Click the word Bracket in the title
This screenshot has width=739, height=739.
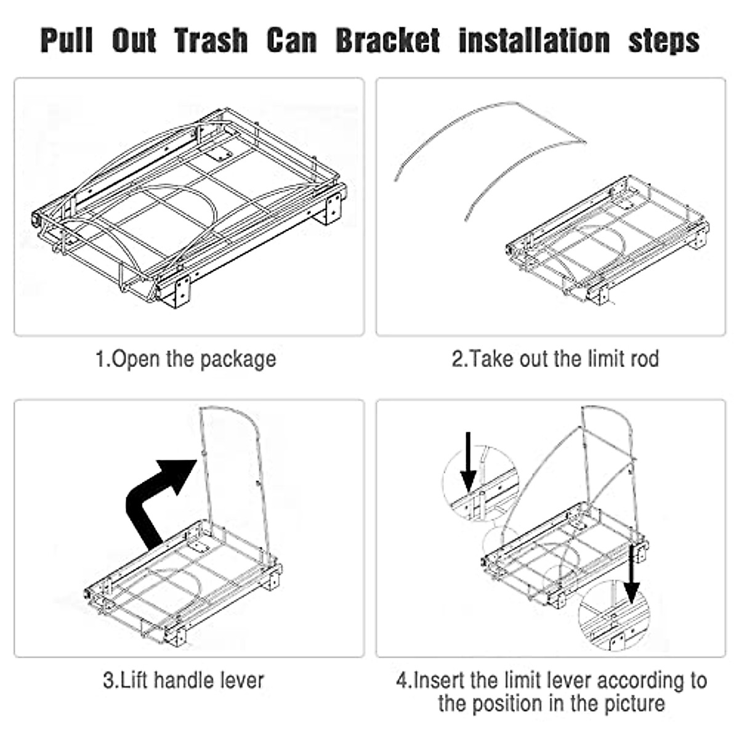coord(387,41)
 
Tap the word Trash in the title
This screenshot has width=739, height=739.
coord(211,41)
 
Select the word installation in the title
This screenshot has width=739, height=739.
coord(534,41)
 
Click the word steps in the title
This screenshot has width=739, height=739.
coord(663,41)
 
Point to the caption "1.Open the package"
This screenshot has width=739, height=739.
coord(186,359)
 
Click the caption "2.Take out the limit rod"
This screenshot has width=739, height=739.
coord(555,358)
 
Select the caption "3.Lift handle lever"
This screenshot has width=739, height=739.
coord(184,680)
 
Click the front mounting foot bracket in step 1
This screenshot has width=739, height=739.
coord(180,292)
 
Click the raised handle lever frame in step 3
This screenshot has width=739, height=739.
coord(234,468)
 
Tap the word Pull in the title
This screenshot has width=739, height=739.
coord(67,41)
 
